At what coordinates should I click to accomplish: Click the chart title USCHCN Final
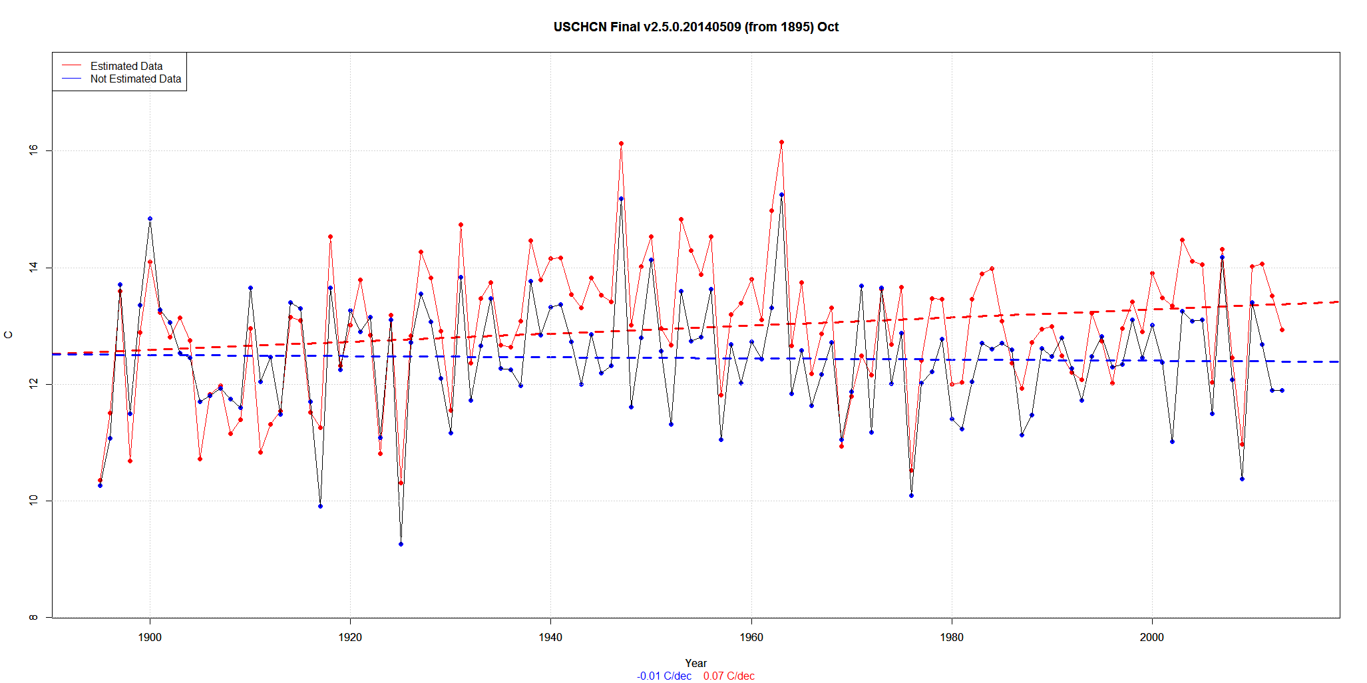695,27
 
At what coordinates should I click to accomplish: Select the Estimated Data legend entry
126,66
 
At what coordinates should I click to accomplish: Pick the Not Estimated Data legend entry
136,79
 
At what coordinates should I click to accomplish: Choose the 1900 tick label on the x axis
150,637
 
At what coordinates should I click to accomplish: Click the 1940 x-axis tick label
550,637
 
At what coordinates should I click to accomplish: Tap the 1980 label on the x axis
952,637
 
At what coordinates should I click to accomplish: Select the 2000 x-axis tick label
1152,637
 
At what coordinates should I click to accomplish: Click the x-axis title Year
695,663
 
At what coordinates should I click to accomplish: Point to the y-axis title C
9,335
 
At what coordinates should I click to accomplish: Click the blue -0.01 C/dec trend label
664,676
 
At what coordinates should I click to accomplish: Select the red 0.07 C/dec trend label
729,676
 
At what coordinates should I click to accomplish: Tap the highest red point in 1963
781,142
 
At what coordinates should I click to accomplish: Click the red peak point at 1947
621,143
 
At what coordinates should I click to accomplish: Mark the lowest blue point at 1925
401,544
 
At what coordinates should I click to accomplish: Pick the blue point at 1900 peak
150,218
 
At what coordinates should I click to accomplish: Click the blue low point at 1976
911,495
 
